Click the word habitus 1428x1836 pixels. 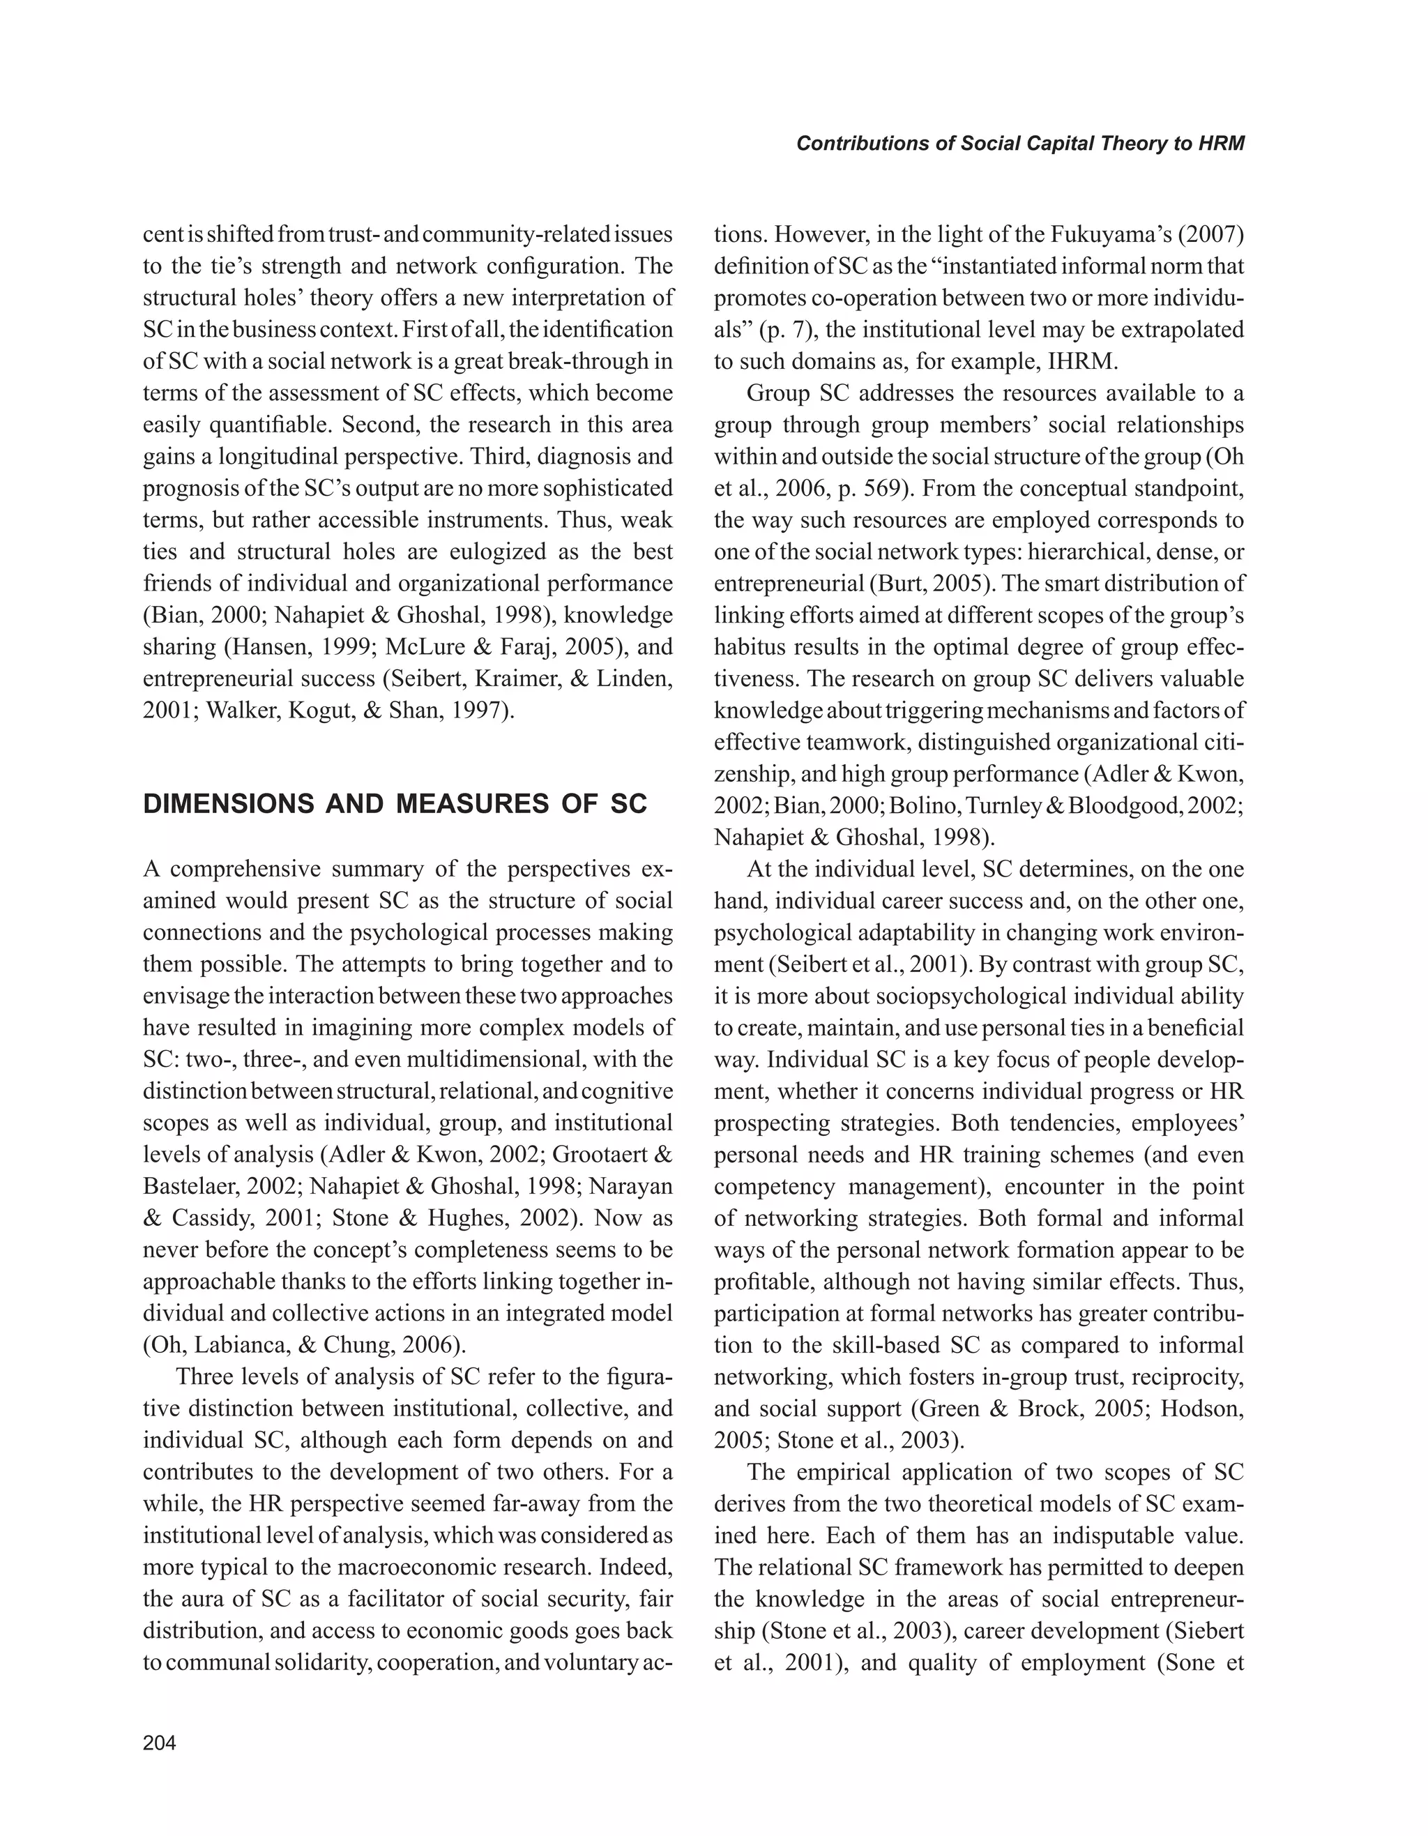pyautogui.click(x=749, y=646)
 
